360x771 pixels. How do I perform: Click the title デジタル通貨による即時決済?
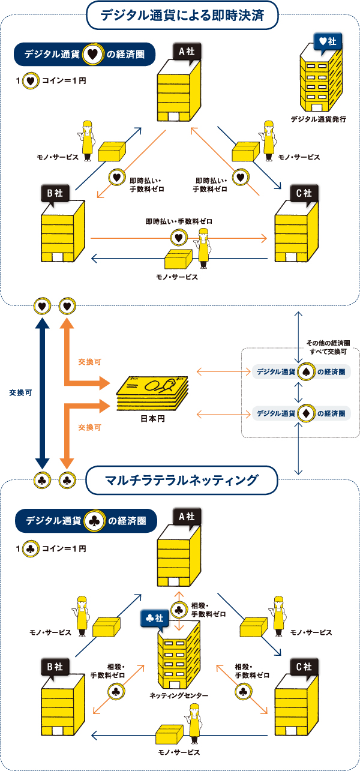[x=182, y=14]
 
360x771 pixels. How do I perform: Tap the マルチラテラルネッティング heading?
[x=181, y=480]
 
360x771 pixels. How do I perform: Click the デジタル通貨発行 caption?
[x=318, y=119]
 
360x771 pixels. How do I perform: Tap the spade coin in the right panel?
[x=305, y=372]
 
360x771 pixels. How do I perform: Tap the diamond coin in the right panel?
[x=305, y=413]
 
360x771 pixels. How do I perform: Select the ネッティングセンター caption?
[x=179, y=695]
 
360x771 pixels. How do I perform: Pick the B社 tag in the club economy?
[x=55, y=667]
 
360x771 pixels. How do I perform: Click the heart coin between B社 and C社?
[x=178, y=238]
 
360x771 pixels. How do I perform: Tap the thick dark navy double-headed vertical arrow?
[x=41, y=394]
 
